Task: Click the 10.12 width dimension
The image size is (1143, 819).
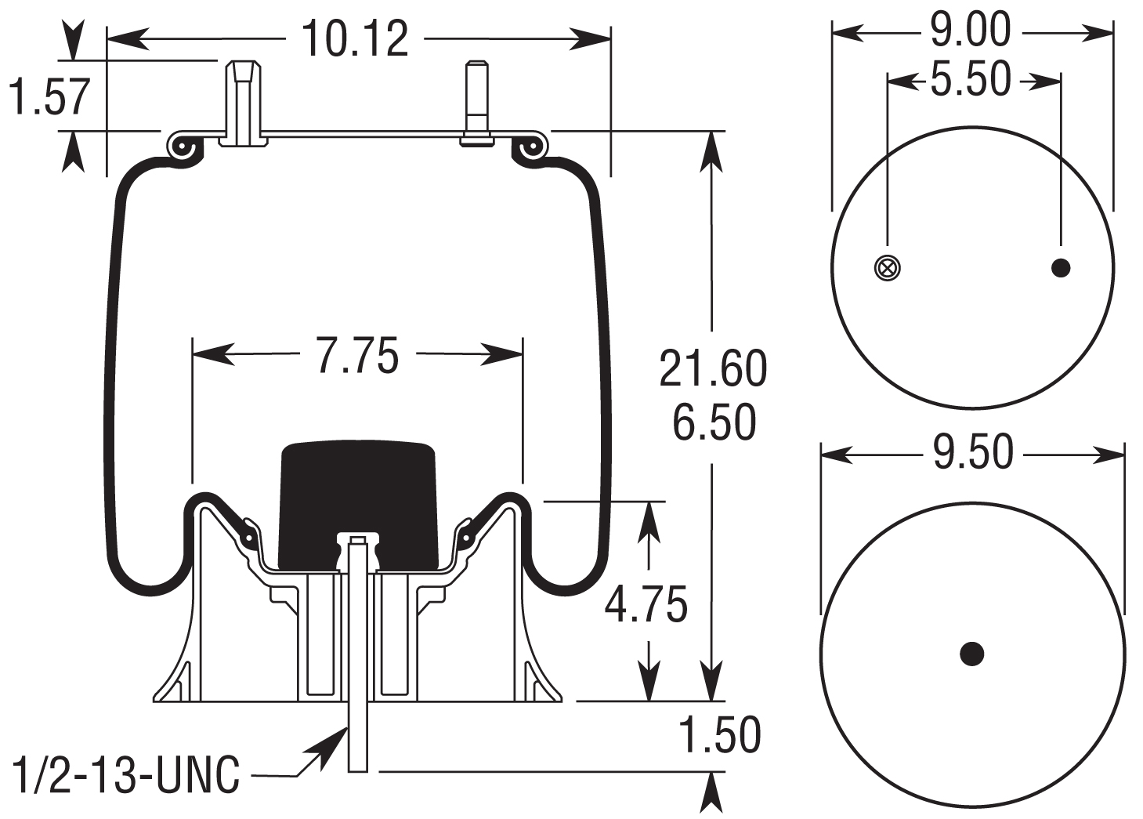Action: point(356,39)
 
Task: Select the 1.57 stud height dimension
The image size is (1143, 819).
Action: point(49,96)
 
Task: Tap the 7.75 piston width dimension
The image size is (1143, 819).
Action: point(357,355)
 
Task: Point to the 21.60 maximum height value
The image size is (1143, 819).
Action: point(712,368)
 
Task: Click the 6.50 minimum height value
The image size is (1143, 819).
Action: point(714,422)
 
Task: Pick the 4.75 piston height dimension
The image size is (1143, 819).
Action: point(646,603)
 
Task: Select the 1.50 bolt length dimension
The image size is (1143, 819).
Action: point(719,735)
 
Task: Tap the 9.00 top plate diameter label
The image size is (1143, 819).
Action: point(971,31)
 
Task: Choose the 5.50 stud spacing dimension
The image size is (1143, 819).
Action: point(971,80)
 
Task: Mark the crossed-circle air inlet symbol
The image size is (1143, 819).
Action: point(887,268)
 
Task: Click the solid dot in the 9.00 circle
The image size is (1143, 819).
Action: point(1060,268)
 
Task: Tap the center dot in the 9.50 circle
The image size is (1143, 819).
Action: point(971,653)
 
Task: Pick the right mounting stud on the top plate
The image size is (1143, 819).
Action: point(476,102)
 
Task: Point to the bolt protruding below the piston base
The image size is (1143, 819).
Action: point(357,737)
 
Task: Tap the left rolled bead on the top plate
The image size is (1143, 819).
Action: point(183,148)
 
